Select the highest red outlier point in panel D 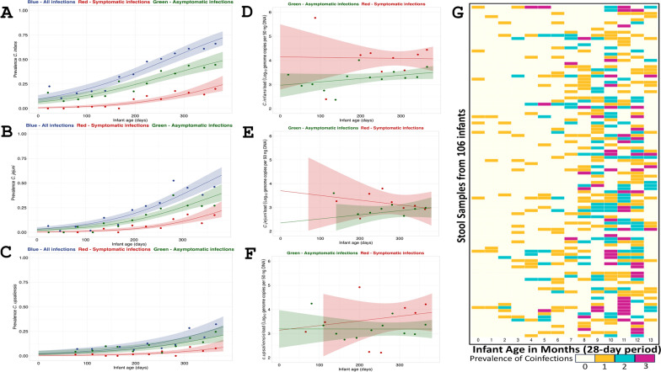point(314,18)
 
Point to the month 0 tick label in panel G point(478,338)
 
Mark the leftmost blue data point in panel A point(50,87)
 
